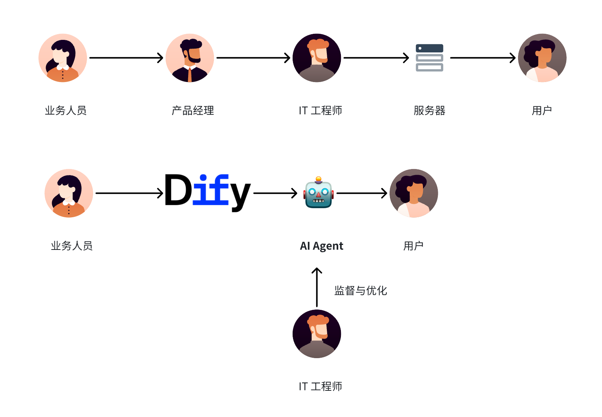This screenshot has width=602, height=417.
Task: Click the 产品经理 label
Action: [193, 111]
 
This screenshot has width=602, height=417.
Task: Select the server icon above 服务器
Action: [429, 58]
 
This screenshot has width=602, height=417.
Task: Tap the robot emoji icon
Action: [318, 192]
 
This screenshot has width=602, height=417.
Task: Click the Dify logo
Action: [208, 192]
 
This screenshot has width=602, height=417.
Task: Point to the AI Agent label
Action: [322, 246]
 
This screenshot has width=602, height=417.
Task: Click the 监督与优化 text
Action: [360, 291]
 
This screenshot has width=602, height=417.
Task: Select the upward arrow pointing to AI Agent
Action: [317, 287]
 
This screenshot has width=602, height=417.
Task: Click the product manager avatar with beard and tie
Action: [190, 58]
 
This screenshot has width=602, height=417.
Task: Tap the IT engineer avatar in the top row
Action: [317, 58]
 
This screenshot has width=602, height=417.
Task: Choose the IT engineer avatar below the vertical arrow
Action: [317, 334]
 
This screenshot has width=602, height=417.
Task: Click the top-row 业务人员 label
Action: [66, 111]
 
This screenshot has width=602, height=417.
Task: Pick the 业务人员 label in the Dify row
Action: [72, 246]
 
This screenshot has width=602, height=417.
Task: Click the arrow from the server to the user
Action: [483, 58]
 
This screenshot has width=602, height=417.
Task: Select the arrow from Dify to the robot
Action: [275, 193]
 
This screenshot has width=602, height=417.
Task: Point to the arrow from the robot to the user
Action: [362, 193]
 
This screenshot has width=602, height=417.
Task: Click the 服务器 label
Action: [429, 111]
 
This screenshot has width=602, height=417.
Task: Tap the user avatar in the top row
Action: [542, 58]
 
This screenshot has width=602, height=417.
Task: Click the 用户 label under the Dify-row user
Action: [413, 246]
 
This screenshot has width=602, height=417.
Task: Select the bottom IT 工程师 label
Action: [320, 387]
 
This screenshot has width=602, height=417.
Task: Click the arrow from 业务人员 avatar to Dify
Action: [129, 193]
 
